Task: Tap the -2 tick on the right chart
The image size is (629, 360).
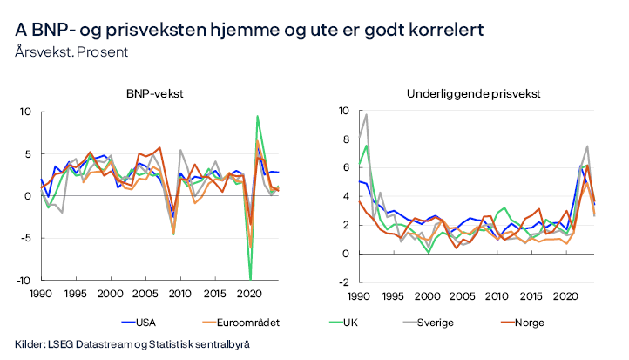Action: [x=321, y=282]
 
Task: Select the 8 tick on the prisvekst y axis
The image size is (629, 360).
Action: [x=323, y=139]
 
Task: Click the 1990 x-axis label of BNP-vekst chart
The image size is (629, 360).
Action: [x=41, y=295]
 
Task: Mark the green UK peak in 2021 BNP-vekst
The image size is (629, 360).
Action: [x=257, y=116]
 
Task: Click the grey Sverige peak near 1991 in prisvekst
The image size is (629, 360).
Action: [x=342, y=115]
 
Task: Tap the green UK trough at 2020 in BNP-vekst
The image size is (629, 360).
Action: [x=251, y=278]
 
